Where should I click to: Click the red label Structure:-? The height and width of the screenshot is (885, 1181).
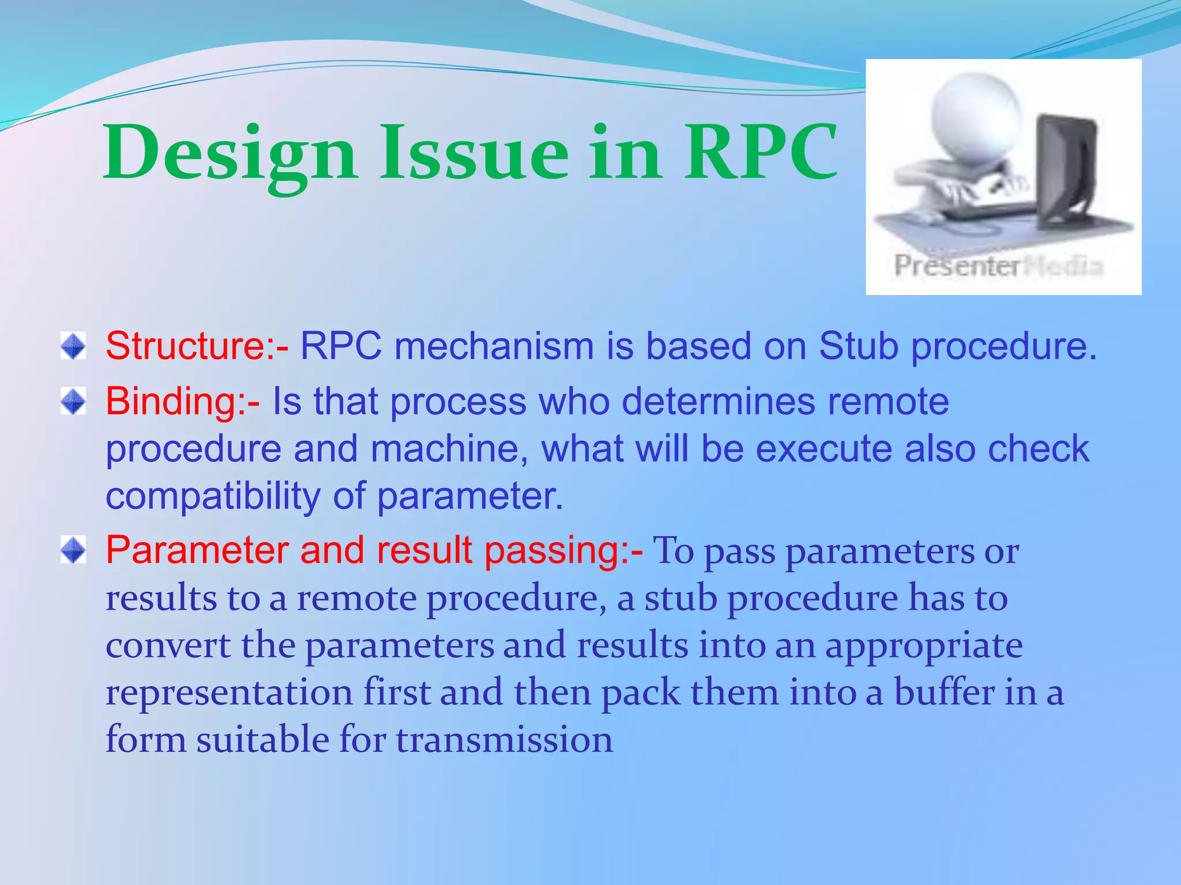click(x=197, y=346)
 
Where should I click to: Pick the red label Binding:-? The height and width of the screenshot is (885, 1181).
click(x=182, y=401)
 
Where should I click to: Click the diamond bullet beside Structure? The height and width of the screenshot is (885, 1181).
click(x=73, y=346)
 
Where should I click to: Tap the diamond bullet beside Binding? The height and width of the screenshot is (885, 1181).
click(x=73, y=401)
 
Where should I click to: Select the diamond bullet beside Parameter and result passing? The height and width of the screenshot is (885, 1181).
click(x=73, y=550)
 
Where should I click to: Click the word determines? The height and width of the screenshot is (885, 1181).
click(x=719, y=401)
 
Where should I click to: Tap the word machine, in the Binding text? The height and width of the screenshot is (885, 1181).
click(x=449, y=449)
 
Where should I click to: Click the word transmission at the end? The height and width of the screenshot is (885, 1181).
click(x=505, y=739)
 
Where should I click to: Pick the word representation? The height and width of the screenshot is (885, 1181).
click(x=229, y=692)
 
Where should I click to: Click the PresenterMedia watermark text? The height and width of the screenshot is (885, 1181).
click(x=998, y=266)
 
